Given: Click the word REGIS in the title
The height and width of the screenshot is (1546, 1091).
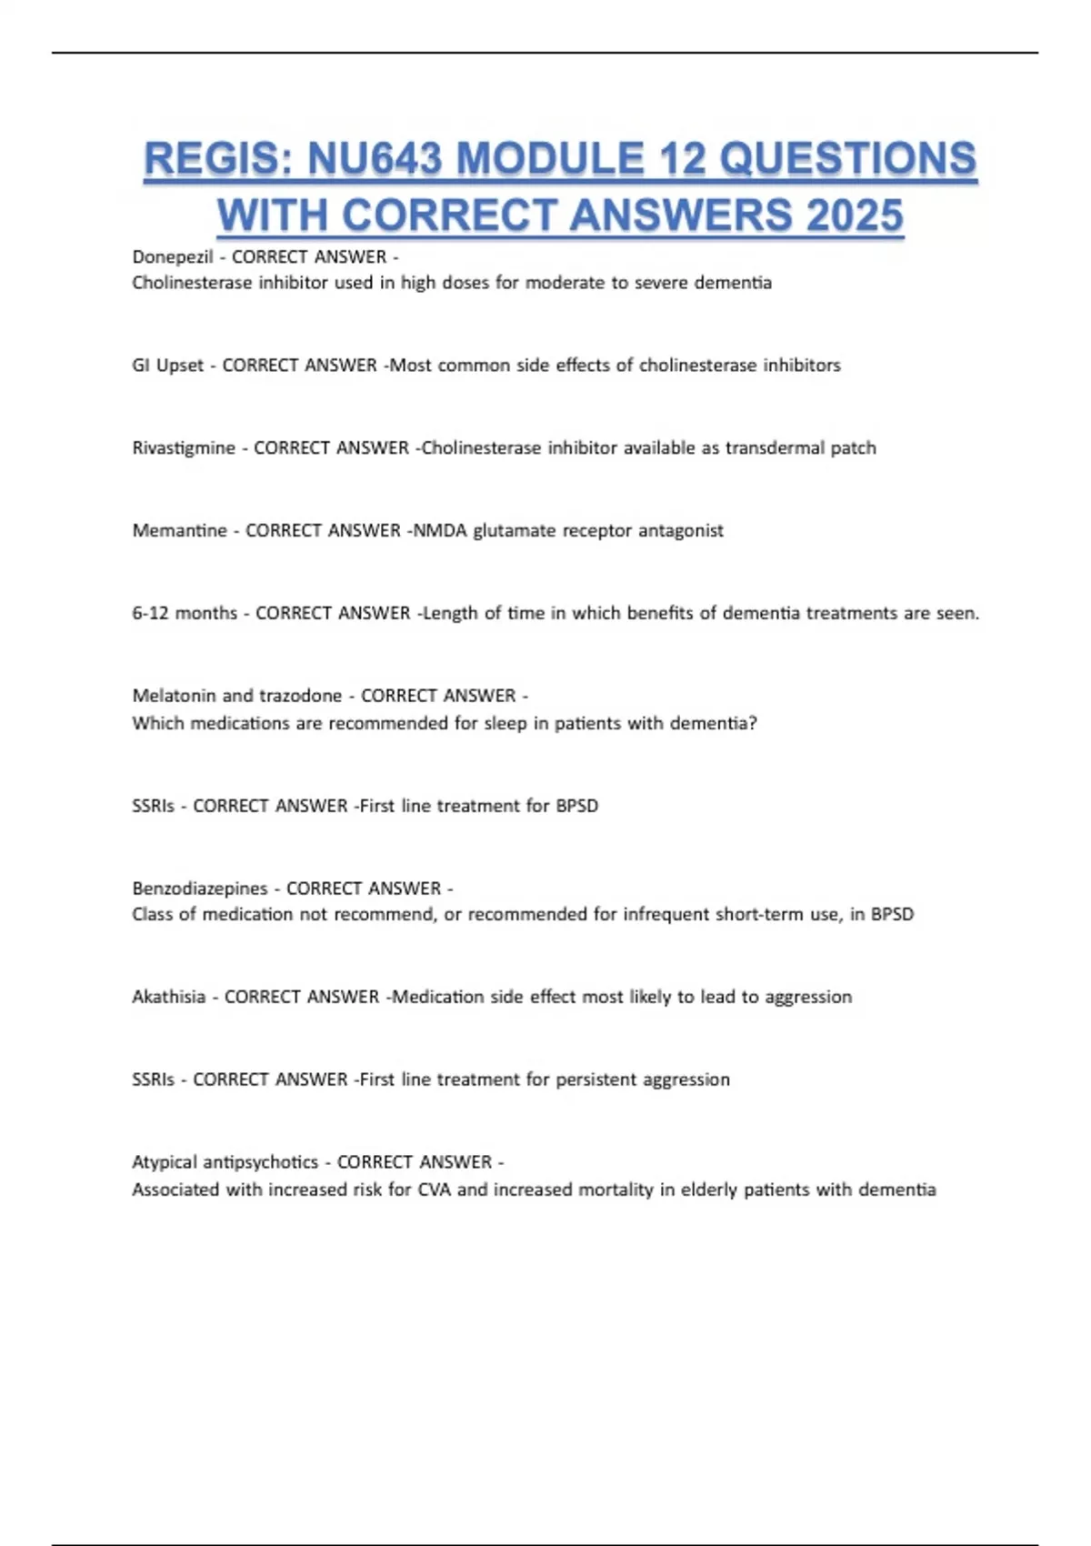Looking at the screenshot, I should tap(215, 159).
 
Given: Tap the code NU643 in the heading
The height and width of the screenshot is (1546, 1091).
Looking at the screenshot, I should tap(374, 159).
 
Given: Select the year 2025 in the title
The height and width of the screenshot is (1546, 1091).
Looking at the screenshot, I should tap(854, 216).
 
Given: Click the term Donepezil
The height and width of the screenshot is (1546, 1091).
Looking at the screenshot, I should tap(173, 257).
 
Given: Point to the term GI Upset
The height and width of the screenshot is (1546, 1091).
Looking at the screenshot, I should tap(168, 366).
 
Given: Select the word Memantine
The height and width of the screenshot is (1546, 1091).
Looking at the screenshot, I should tap(179, 531).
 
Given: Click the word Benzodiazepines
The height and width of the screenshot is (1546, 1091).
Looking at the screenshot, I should tap(200, 888).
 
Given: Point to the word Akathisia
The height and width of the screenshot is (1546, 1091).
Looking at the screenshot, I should tap(168, 998).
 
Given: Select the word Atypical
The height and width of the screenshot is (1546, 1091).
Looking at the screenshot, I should tap(164, 1162).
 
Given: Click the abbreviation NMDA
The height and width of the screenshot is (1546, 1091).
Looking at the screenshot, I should tap(440, 531).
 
